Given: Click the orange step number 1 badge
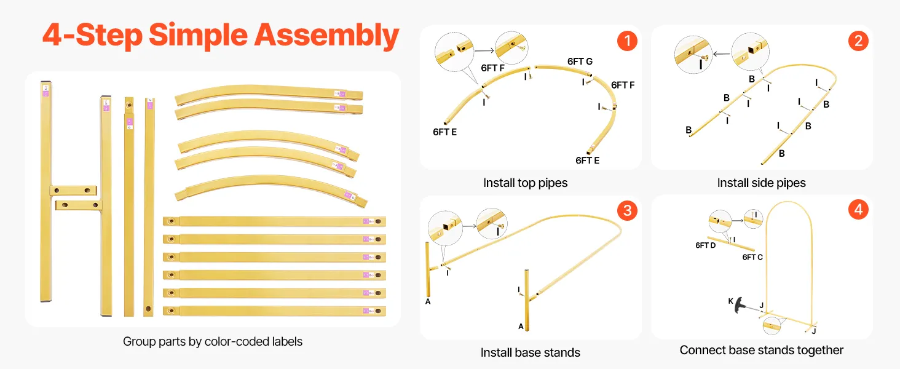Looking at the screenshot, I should click(626, 41).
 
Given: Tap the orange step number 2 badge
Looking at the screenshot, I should click(858, 41).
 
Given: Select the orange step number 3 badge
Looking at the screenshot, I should click(626, 211).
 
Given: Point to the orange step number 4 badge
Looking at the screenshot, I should click(858, 210).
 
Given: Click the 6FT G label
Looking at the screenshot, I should click(580, 61).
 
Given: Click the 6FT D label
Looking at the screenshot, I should click(706, 245).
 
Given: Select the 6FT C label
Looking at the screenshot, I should click(752, 257).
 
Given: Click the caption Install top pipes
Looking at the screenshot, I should click(525, 183).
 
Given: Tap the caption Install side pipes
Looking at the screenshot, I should click(761, 183).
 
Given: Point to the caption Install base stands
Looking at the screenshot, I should click(530, 352).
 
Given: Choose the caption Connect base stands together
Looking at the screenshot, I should click(761, 350).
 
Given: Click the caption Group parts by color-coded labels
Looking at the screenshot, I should click(213, 341).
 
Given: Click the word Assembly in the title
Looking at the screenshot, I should click(327, 36).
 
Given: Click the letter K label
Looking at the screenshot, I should click(731, 301).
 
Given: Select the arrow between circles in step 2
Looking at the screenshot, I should click(720, 54).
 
